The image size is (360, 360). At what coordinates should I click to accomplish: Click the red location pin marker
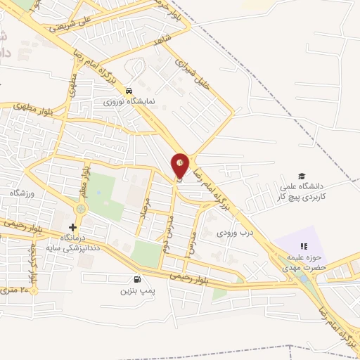pos(181,165)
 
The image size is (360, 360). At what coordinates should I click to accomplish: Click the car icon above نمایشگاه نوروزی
pos(129,91)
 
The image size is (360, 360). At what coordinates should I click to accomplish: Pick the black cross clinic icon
pos(72,227)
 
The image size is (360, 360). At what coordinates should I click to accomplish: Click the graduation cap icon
pos(302,176)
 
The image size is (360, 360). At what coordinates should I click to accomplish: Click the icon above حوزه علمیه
pos(304,246)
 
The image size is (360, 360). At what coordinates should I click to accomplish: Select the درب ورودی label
pos(233,232)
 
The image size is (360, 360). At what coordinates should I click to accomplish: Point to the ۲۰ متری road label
pos(18,289)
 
